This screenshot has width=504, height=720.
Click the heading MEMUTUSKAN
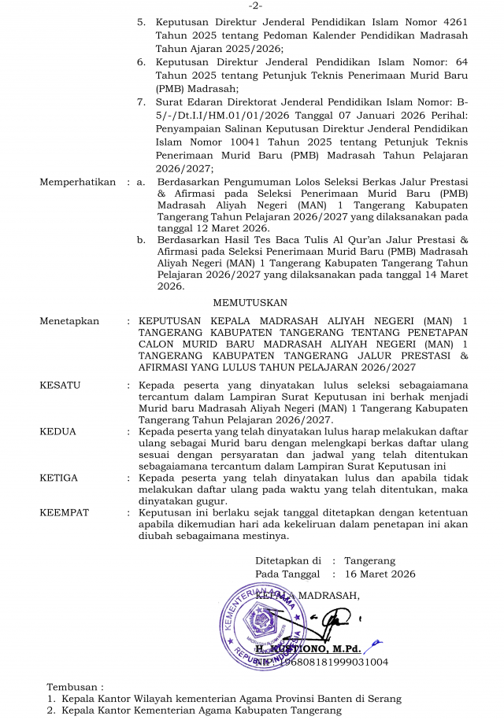click(250, 302)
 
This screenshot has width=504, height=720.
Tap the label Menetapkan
click(69, 321)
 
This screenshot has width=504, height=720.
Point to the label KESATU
click(60, 386)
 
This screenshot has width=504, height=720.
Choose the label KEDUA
click(57, 432)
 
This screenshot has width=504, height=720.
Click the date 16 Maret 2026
click(380, 574)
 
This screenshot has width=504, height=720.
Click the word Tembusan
click(73, 687)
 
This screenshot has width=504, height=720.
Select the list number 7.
click(141, 102)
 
